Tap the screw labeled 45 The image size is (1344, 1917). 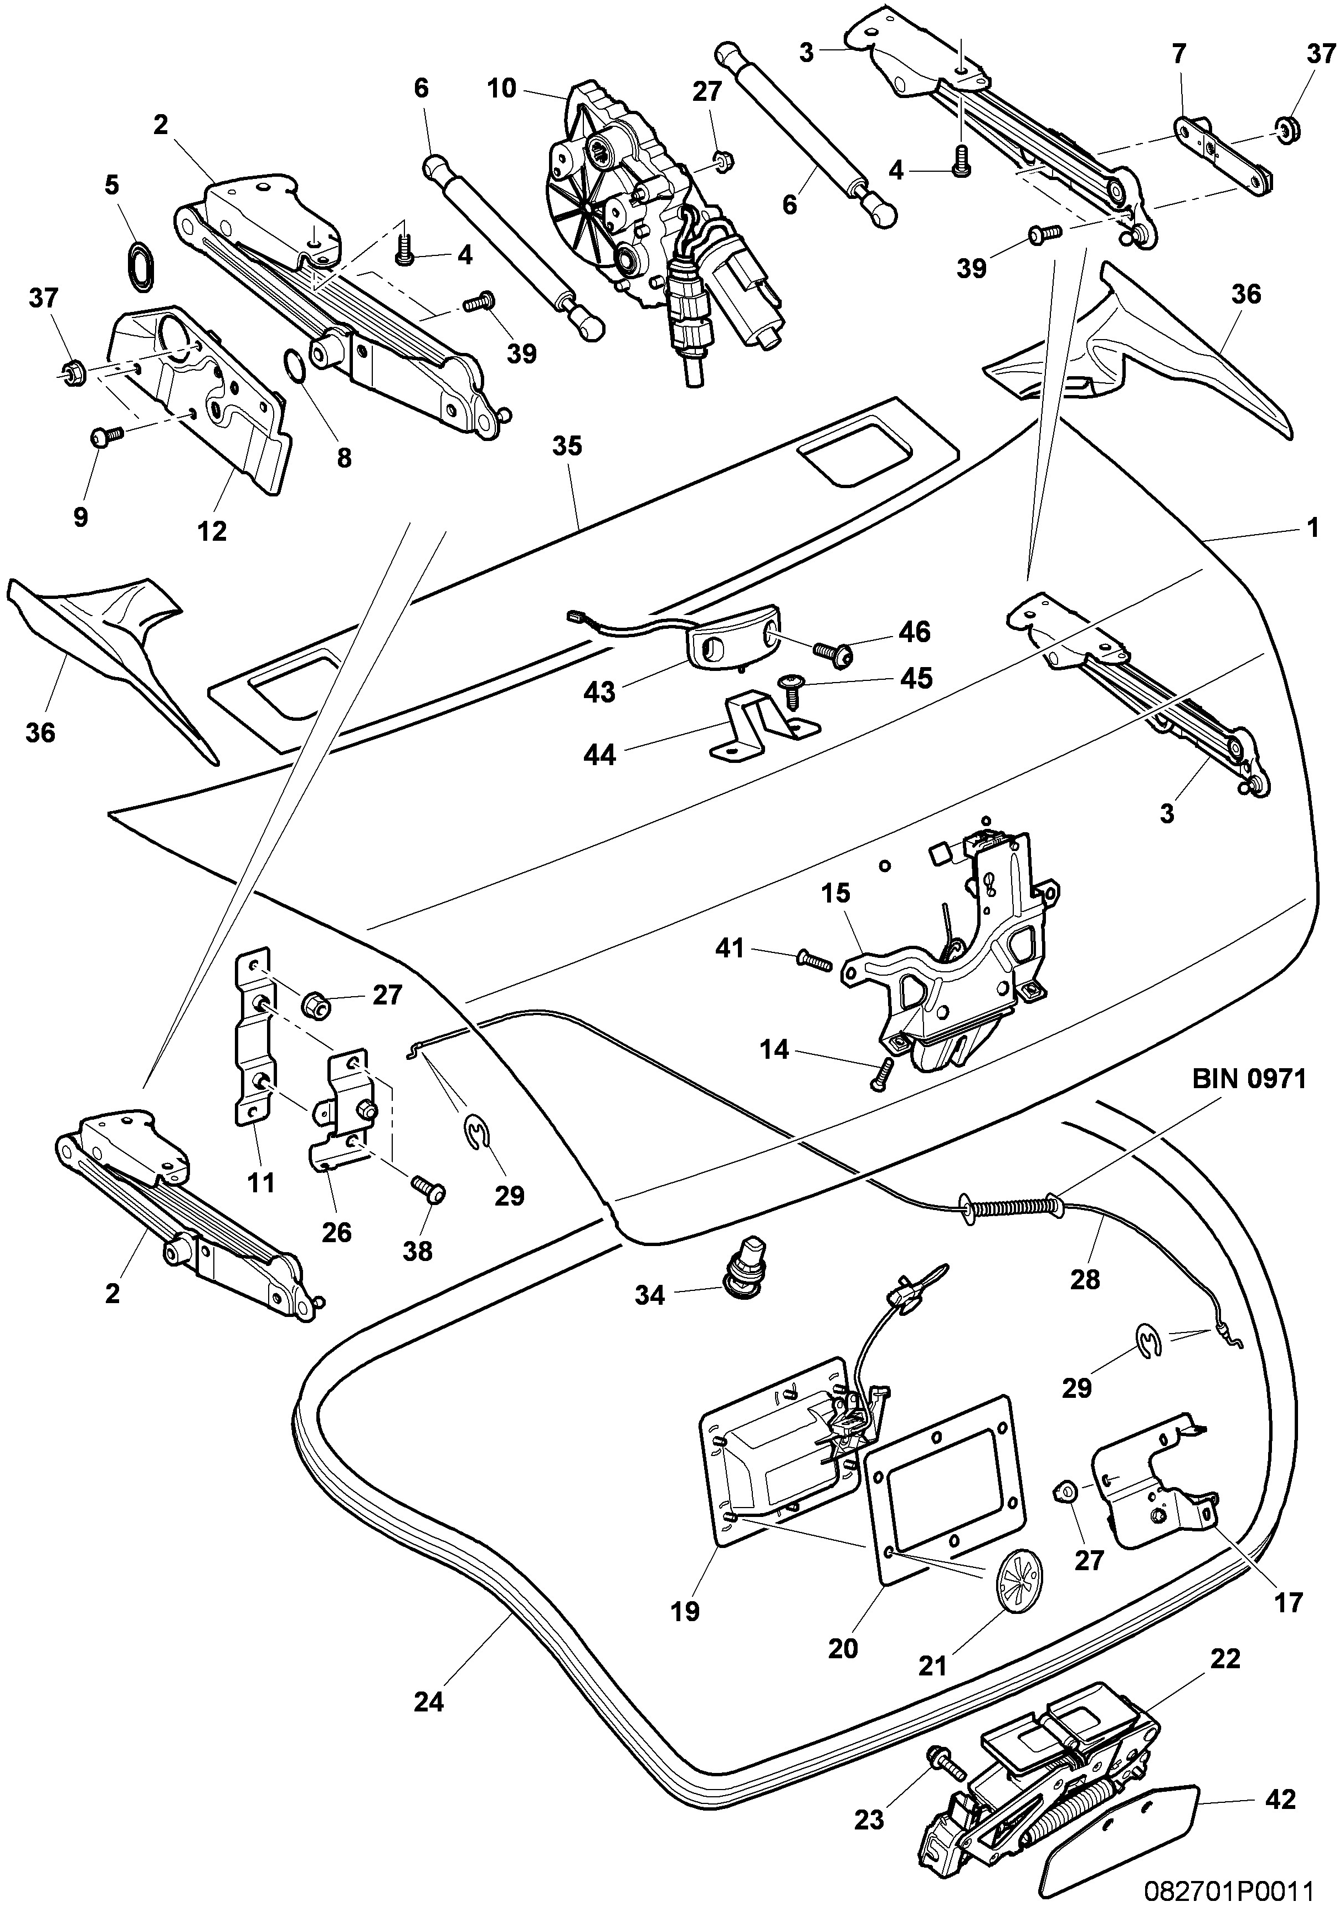789,684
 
